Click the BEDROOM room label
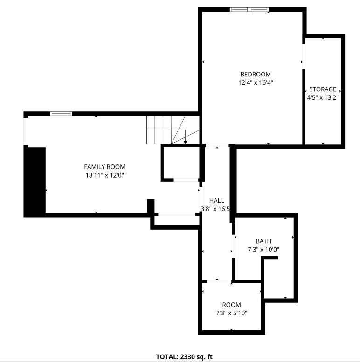256,75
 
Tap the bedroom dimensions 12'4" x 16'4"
256,82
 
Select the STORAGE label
323,89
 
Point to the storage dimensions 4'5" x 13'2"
323,98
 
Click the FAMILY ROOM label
104,167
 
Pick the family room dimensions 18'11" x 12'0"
104,175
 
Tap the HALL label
216,200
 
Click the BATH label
263,241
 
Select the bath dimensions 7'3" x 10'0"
263,250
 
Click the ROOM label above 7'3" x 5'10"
231,305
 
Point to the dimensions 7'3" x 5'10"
231,313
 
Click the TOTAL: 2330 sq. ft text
184,357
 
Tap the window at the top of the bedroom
249,10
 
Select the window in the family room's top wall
61,114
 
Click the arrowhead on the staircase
185,143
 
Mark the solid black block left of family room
35,181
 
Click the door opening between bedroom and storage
304,56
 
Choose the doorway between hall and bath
234,246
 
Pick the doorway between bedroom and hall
217,146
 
